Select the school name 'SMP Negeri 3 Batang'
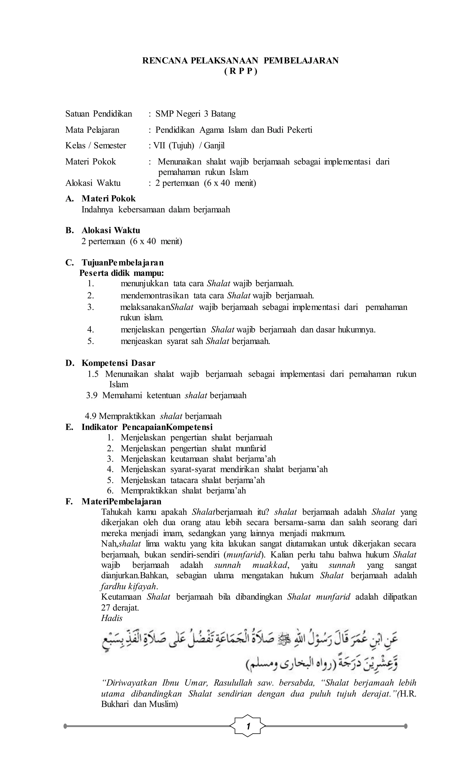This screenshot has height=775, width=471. [195, 114]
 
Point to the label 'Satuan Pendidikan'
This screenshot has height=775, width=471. [98, 114]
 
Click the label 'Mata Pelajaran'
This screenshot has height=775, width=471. [92, 130]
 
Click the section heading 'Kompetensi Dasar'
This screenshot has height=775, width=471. [118, 363]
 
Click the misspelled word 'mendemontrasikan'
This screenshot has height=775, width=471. [155, 296]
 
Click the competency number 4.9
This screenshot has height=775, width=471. [91, 416]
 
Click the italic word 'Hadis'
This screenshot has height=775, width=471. [112, 618]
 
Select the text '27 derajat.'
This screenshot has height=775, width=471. [120, 608]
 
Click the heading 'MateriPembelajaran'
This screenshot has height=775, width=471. [121, 501]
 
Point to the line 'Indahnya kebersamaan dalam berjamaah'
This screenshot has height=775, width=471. [155, 210]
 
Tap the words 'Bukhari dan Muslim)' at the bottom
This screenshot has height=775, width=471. [139, 704]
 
